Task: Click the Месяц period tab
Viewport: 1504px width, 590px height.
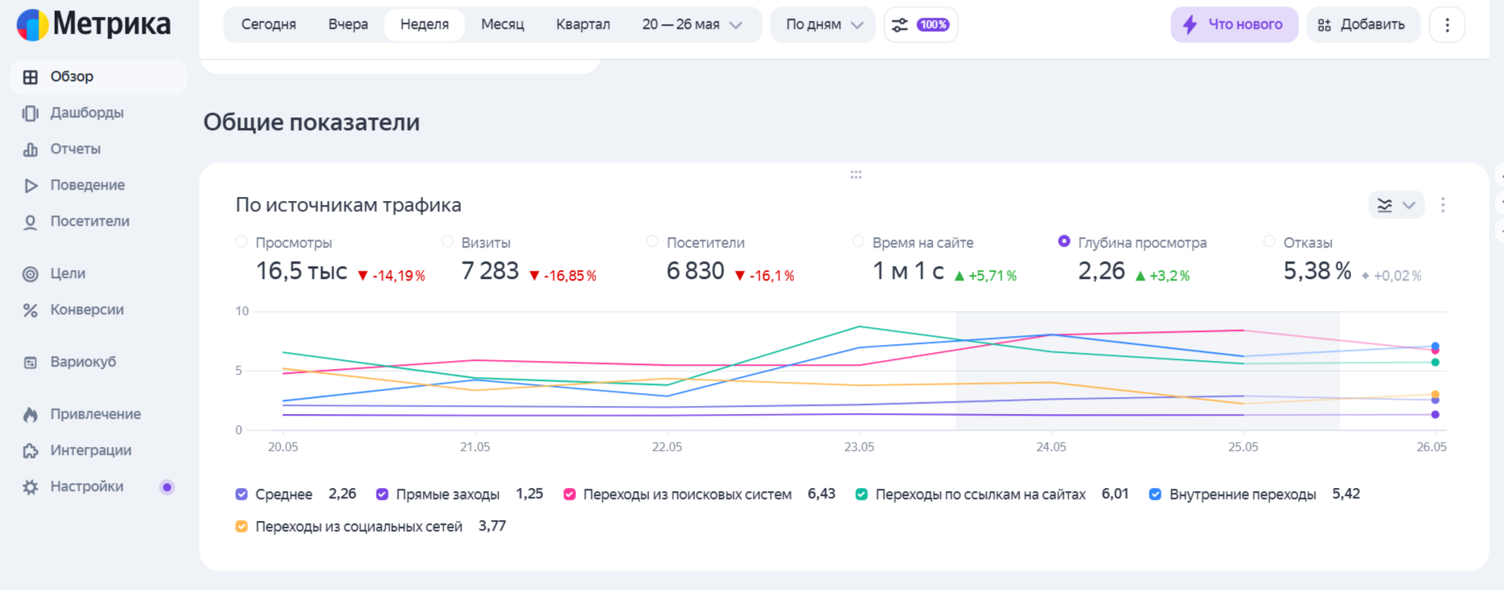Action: click(x=503, y=25)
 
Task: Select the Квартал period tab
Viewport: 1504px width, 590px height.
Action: click(x=583, y=25)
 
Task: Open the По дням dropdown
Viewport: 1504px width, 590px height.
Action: click(x=823, y=25)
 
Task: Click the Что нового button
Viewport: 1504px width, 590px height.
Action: click(x=1234, y=25)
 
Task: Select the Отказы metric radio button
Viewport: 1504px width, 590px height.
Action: click(x=1269, y=241)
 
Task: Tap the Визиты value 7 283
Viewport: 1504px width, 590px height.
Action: click(x=490, y=271)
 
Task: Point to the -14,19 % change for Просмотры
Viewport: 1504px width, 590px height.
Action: click(x=392, y=276)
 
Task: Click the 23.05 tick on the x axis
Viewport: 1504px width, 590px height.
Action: click(x=859, y=447)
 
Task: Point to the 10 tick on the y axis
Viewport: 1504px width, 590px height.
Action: click(x=242, y=311)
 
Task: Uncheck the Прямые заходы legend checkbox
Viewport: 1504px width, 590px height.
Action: click(x=382, y=494)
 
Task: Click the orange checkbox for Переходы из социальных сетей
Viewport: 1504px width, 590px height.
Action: click(x=241, y=526)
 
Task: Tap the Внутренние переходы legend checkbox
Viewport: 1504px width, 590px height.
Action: click(x=1155, y=494)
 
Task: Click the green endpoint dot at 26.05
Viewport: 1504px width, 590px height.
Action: click(x=1435, y=363)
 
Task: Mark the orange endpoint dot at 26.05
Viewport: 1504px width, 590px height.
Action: click(x=1435, y=395)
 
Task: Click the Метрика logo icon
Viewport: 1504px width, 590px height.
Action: click(x=33, y=25)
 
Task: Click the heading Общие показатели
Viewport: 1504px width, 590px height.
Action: click(x=311, y=122)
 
